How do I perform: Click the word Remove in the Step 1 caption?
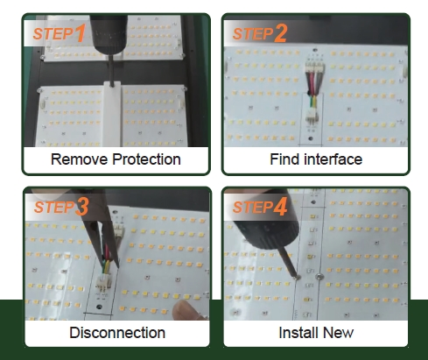[79, 159]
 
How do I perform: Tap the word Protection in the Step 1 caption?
[146, 159]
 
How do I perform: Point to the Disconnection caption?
[117, 333]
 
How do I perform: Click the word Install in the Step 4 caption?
[298, 333]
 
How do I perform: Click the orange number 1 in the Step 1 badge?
[81, 32]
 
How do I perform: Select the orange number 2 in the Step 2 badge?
[280, 32]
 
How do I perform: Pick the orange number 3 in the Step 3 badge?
[82, 207]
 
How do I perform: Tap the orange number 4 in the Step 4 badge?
[280, 207]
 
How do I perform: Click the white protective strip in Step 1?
[112, 114]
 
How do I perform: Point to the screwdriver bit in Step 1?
[111, 70]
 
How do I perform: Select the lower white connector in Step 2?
[312, 116]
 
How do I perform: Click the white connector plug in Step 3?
[103, 282]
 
